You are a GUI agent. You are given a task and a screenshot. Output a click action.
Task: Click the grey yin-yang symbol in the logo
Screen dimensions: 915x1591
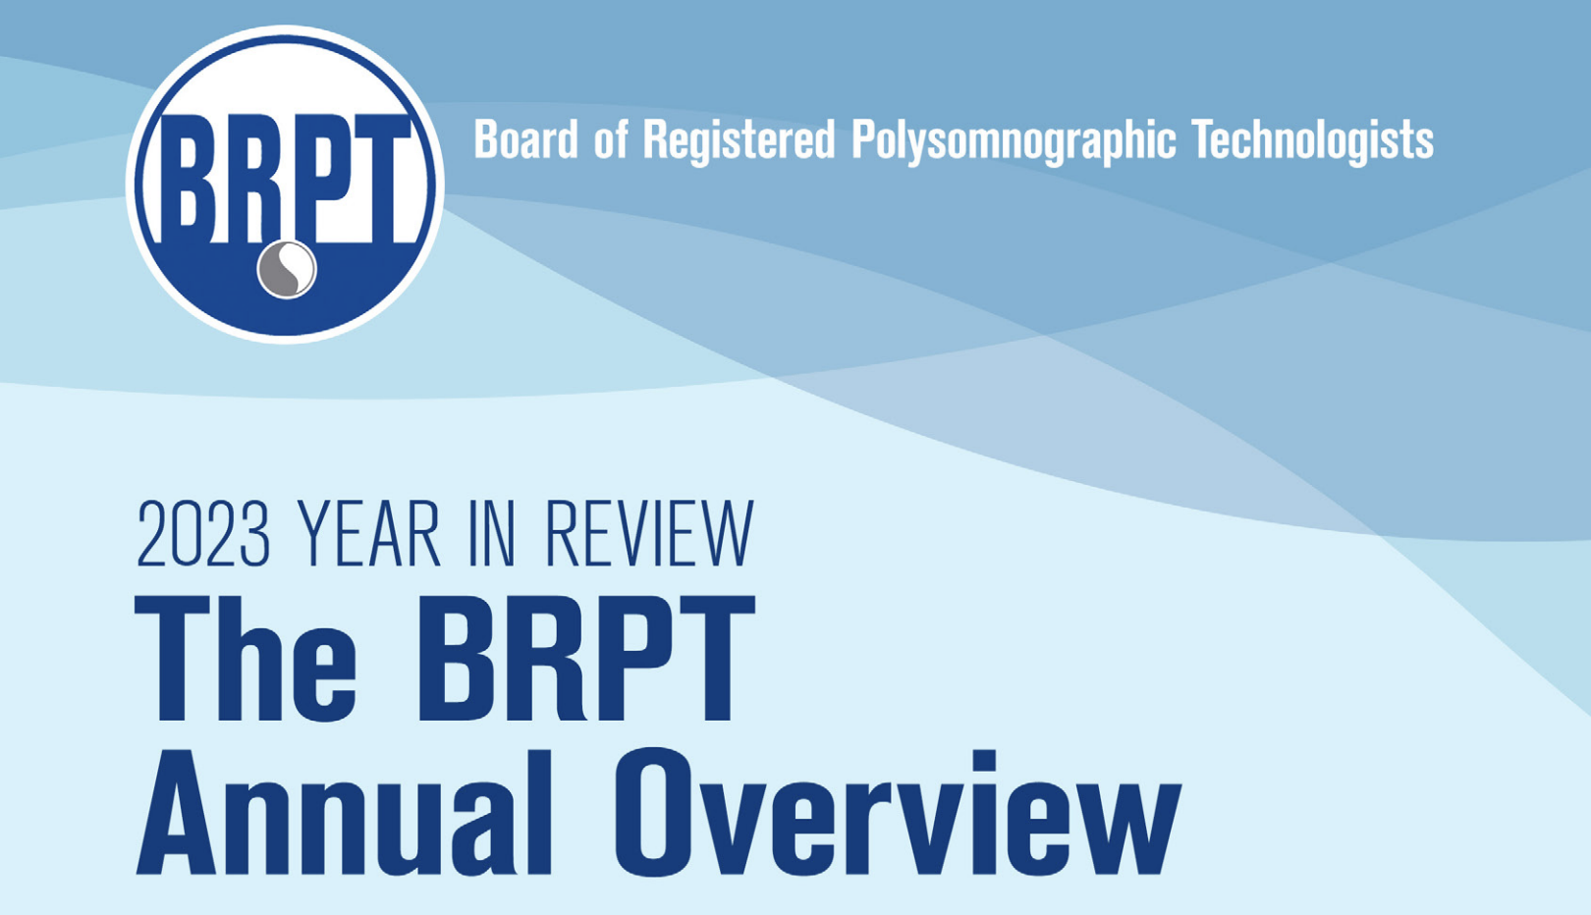[x=287, y=268]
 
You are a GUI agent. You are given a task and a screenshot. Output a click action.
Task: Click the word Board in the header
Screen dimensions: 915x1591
[x=525, y=140]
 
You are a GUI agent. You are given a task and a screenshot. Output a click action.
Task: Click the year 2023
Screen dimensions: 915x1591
[x=203, y=534]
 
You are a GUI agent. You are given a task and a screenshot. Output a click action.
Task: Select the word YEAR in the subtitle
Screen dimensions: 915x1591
[x=369, y=534]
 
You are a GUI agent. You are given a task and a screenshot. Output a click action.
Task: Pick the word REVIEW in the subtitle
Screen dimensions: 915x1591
[x=649, y=534]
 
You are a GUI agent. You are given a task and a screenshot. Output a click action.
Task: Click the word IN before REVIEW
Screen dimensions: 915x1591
[x=492, y=534]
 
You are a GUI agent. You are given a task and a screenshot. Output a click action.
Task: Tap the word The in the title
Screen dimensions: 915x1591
[x=247, y=659]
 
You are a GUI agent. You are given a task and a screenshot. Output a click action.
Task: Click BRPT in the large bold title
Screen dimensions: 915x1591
[x=585, y=659]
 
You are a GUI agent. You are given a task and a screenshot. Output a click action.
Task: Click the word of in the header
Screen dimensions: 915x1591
[x=610, y=140]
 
